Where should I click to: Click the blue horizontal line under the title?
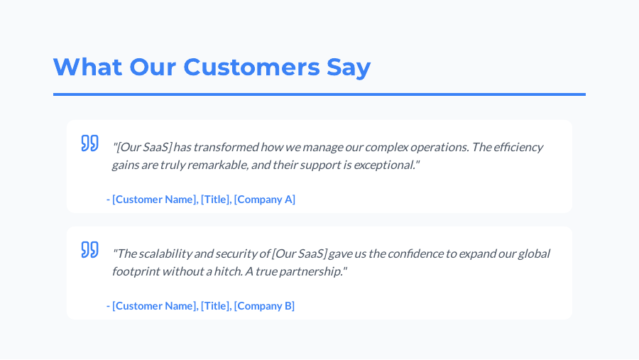(x=319, y=94)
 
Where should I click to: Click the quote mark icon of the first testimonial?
(x=89, y=143)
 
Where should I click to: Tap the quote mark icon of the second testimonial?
(x=89, y=249)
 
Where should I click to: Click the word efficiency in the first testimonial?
(x=518, y=147)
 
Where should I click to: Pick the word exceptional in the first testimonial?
(x=383, y=165)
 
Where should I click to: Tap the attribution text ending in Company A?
(x=201, y=199)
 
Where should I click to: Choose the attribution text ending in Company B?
(x=201, y=305)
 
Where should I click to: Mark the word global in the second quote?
(x=532, y=253)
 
